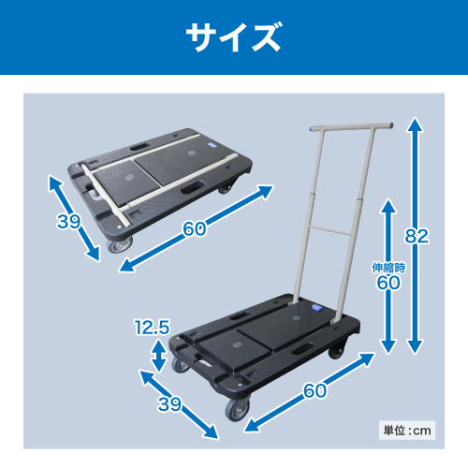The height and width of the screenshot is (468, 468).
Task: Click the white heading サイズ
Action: pyautogui.click(x=234, y=37)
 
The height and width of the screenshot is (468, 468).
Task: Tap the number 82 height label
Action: pyautogui.click(x=417, y=236)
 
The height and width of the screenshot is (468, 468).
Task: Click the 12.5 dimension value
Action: pyautogui.click(x=153, y=327)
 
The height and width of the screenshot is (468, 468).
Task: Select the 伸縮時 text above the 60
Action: pyautogui.click(x=388, y=268)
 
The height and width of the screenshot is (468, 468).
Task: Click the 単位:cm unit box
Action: pyautogui.click(x=407, y=431)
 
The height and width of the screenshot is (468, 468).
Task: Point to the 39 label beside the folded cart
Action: pyautogui.click(x=68, y=222)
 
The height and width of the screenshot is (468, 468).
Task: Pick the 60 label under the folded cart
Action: pyautogui.click(x=194, y=228)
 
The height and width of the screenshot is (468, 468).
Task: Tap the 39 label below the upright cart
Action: pyautogui.click(x=169, y=404)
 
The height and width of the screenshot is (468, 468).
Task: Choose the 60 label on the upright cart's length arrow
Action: pyautogui.click(x=315, y=390)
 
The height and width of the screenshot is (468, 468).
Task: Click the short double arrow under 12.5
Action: pyautogui.click(x=159, y=356)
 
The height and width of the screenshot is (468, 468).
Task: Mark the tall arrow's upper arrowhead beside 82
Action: pyautogui.click(x=415, y=124)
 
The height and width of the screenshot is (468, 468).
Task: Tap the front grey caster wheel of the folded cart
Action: pyautogui.click(x=119, y=244)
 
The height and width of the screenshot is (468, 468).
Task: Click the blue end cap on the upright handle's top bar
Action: pyautogui.click(x=312, y=129)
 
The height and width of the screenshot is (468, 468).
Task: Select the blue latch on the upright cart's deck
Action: pyautogui.click(x=316, y=308)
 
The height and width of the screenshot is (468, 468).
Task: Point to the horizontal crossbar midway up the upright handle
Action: pyautogui.click(x=330, y=230)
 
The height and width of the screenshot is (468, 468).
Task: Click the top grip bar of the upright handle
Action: pyautogui.click(x=351, y=127)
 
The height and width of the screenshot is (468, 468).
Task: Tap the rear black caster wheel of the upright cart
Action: pyautogui.click(x=336, y=350)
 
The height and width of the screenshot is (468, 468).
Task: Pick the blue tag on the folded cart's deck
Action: pyautogui.click(x=212, y=146)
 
